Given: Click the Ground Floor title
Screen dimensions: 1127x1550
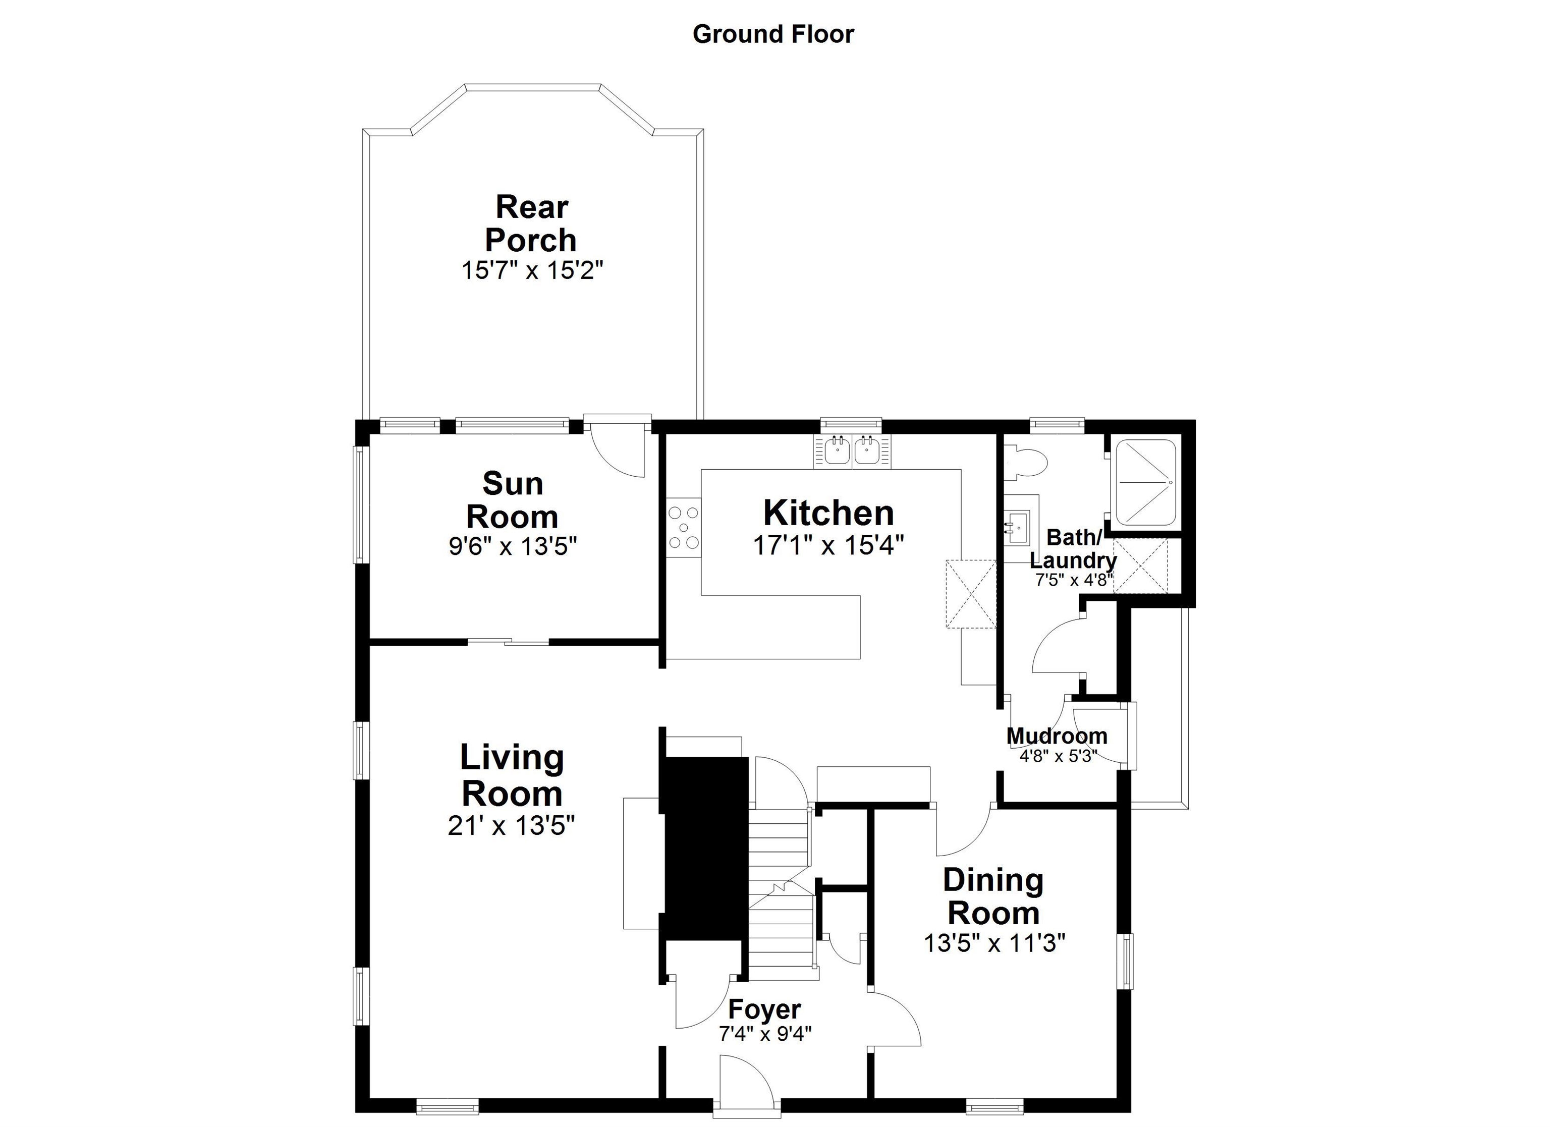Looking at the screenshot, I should (773, 34).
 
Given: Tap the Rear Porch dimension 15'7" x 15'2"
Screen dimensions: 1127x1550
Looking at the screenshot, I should (532, 270).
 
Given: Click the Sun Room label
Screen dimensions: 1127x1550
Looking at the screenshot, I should (513, 500).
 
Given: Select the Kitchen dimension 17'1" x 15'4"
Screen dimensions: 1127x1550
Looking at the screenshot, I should (828, 545).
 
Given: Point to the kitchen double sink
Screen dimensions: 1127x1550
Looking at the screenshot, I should (852, 451).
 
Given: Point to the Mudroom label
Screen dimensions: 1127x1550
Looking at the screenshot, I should (1057, 736).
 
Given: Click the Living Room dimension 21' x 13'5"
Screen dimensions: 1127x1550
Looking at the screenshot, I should (511, 826).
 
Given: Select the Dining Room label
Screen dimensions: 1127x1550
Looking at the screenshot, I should (993, 896).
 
